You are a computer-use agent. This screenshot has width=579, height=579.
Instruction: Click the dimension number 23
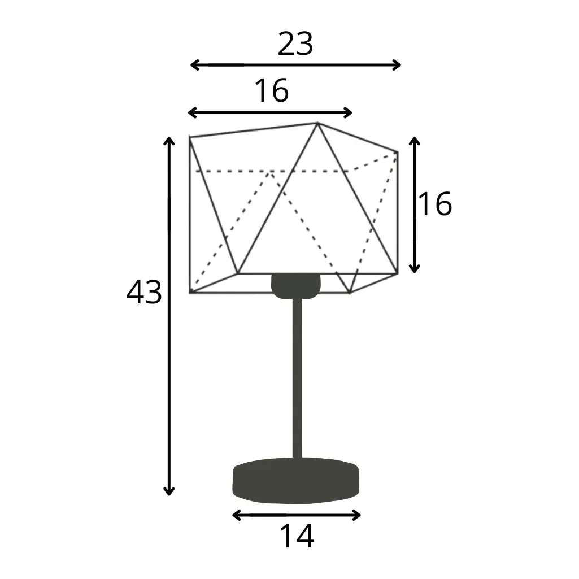click(x=295, y=44)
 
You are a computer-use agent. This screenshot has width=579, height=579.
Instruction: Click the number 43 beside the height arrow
click(x=143, y=293)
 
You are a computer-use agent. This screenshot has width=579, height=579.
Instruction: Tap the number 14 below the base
click(x=297, y=536)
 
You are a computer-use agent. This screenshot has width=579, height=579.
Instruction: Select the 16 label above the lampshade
click(x=272, y=90)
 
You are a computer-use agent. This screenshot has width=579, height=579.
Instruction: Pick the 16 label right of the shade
click(x=435, y=204)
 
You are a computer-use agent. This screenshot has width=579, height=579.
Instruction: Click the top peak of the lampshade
click(x=317, y=123)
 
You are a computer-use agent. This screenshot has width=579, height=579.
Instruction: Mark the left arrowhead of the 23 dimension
click(x=193, y=65)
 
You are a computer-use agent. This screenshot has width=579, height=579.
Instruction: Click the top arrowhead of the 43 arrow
click(x=169, y=140)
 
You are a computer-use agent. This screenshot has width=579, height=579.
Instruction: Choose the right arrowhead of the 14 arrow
click(x=358, y=515)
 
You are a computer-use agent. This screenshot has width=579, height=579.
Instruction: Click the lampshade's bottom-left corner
click(x=190, y=292)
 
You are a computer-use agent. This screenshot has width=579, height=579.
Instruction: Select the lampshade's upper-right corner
click(x=397, y=152)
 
